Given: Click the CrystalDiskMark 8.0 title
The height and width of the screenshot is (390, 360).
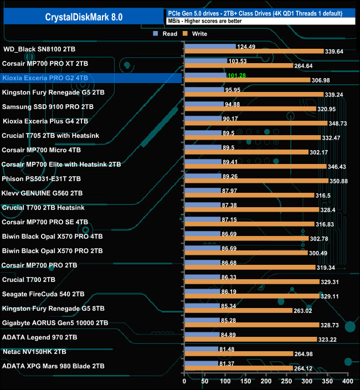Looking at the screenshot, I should point(83,17).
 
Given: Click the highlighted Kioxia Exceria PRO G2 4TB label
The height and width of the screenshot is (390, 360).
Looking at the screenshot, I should point(45,78).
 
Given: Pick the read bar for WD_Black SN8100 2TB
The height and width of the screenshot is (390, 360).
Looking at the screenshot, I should point(209,47).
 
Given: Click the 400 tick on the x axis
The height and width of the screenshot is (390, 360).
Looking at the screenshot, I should point(347,382).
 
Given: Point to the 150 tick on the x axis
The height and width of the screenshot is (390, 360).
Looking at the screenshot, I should point(245,382).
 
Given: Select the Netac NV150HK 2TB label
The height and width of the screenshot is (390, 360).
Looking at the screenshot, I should point(34,351).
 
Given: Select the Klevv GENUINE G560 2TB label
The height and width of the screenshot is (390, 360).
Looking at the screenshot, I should point(43,193).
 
